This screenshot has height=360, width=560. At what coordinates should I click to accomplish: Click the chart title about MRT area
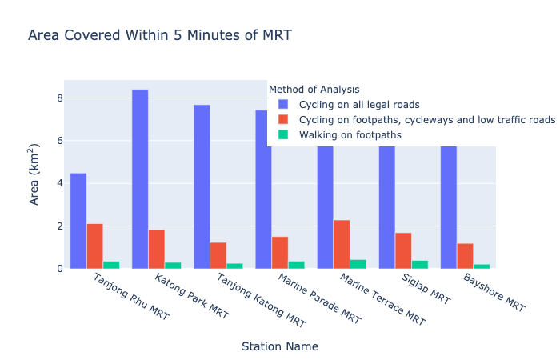pos(159,35)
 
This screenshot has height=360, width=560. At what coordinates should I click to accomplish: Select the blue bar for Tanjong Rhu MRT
pos(78,221)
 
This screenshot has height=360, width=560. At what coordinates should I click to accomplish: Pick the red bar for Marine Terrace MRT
pos(342,244)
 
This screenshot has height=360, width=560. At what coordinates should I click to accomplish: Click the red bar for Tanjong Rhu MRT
pos(94,246)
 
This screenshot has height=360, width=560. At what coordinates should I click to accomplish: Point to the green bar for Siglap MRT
pos(419,264)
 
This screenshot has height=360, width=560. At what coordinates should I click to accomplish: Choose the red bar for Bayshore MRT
pos(465,256)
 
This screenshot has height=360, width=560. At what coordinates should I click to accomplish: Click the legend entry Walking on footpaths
pos(350,135)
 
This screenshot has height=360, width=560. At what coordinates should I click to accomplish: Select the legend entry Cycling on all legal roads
pos(359,105)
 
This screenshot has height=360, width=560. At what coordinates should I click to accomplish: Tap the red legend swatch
pos(284,120)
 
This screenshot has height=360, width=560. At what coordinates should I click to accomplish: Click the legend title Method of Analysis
pos(314,90)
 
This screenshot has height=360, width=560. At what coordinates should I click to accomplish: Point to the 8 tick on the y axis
pos(59,98)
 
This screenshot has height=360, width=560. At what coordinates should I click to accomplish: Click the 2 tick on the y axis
pos(59,226)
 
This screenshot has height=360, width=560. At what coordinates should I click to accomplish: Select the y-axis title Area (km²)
pos(35,174)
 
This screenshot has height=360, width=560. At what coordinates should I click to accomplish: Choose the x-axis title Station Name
pos(280,346)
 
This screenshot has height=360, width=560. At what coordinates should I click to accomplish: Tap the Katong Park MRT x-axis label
pos(191,297)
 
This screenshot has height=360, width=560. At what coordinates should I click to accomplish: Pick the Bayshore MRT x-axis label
pos(494,294)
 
